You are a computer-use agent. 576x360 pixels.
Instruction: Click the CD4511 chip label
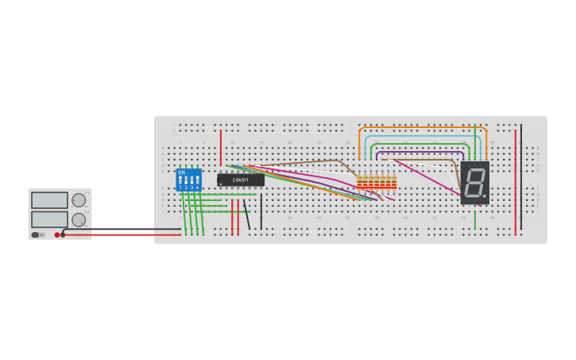click(240, 180)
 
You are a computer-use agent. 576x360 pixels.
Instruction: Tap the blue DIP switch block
click(188, 180)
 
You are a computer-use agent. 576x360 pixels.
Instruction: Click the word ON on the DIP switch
click(181, 172)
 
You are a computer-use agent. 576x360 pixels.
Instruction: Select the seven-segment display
click(474, 183)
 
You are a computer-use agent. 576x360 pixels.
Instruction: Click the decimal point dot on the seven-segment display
click(485, 195)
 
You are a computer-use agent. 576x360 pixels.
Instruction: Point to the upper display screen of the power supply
click(49, 200)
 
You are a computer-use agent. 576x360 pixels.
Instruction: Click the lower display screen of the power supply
click(49, 219)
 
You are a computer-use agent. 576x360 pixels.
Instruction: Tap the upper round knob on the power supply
click(79, 200)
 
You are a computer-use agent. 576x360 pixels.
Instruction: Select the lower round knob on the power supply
click(79, 219)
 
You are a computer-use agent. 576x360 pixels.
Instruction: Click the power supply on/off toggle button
click(36, 234)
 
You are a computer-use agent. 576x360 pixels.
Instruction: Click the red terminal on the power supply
click(57, 234)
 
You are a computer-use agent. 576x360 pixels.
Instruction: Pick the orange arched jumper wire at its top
click(421, 127)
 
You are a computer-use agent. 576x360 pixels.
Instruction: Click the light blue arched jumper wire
click(421, 136)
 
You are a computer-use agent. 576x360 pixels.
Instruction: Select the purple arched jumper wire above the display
click(421, 152)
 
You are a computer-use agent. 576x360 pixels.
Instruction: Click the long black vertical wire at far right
click(521, 179)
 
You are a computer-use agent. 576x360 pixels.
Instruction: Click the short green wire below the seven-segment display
click(475, 219)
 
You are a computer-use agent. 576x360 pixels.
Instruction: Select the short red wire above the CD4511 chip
click(221, 147)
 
